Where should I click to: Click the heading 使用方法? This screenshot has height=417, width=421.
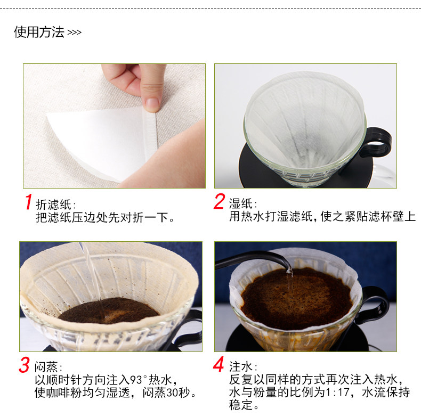click(39, 32)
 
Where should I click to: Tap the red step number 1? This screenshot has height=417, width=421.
click(28, 202)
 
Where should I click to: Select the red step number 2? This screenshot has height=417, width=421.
click(219, 201)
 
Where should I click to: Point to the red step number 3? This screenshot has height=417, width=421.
click(24, 365)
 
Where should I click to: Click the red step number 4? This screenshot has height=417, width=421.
click(219, 364)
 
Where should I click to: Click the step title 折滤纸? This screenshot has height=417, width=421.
click(53, 205)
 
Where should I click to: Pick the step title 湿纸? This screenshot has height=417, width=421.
click(240, 203)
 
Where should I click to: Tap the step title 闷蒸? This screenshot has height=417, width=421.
click(46, 367)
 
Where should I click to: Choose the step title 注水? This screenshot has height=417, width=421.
click(240, 366)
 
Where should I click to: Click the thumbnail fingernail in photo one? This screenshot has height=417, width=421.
click(152, 103)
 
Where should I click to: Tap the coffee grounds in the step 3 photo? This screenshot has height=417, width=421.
click(109, 310)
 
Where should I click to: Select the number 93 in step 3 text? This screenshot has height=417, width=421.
click(135, 380)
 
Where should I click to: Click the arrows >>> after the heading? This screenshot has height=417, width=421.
click(74, 32)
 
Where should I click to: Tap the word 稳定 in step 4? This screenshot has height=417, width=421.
click(240, 405)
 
